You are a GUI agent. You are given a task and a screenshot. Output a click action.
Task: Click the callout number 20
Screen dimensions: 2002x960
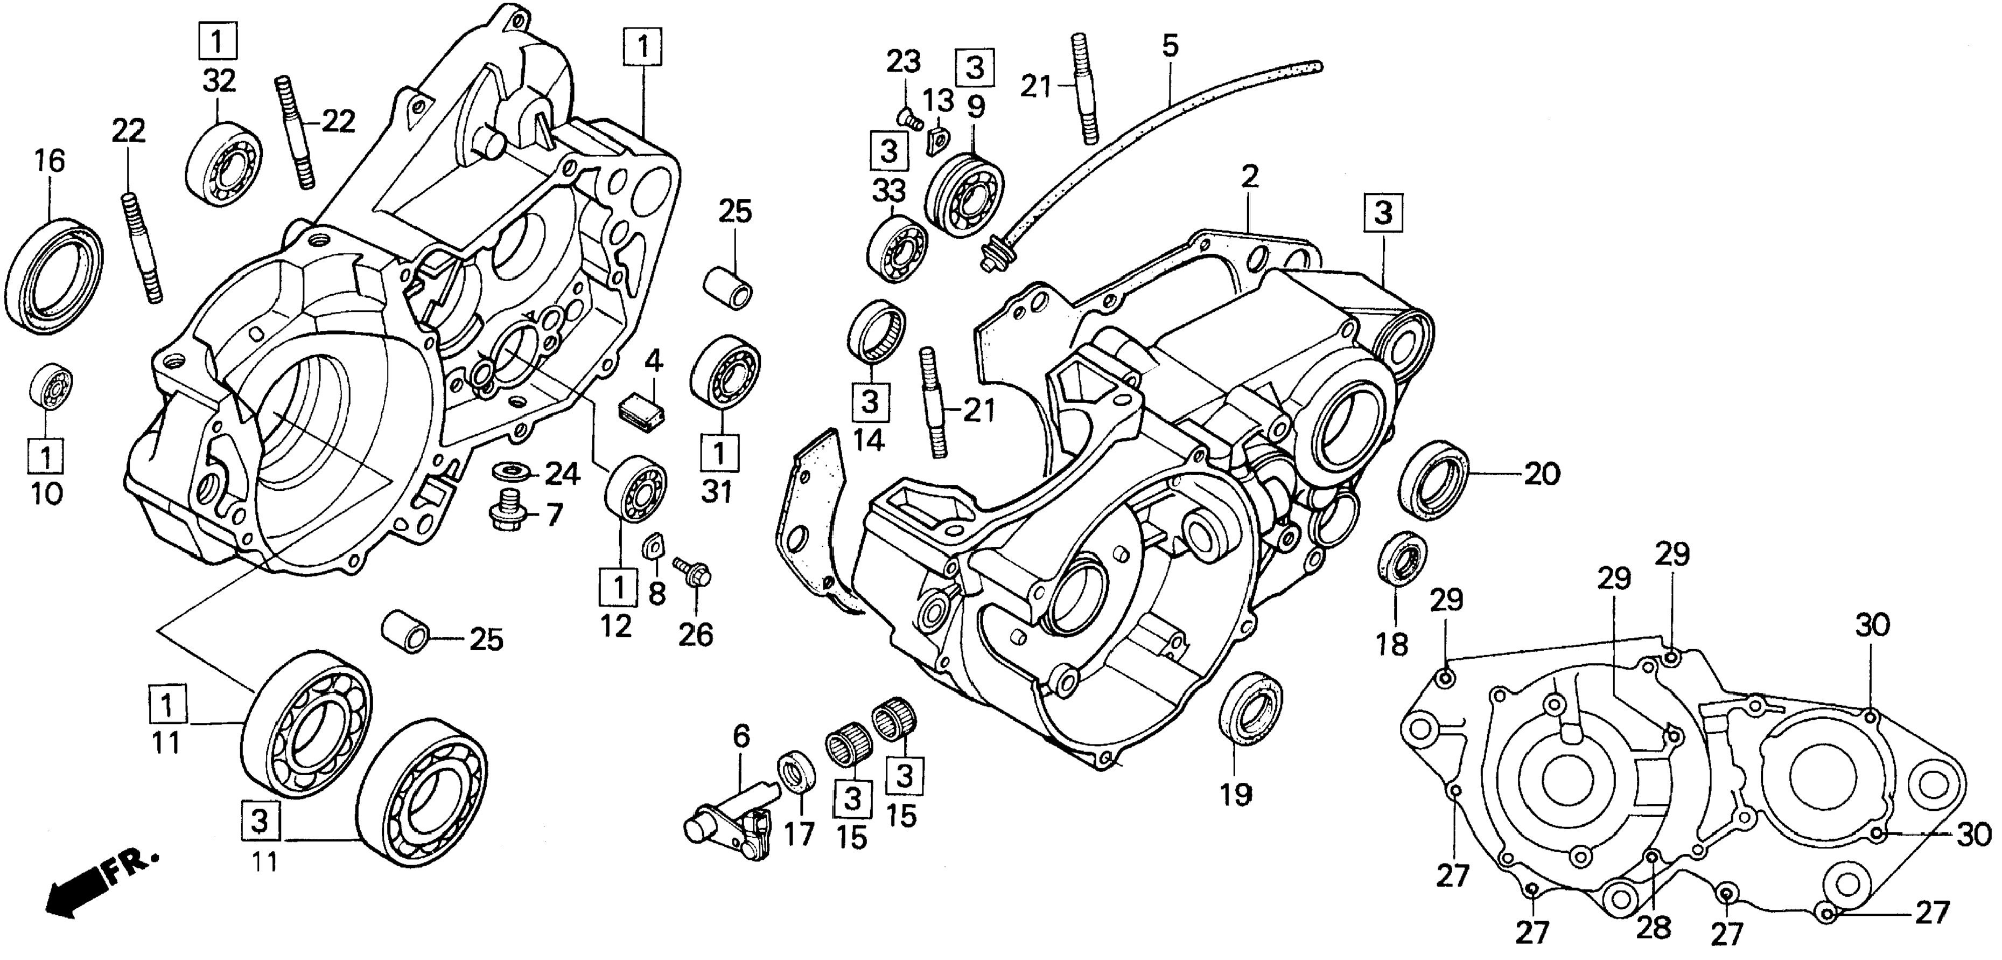point(1541,474)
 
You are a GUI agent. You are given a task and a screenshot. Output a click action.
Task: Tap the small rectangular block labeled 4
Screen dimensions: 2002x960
point(640,411)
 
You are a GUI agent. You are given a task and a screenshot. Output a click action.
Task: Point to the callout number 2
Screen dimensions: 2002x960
point(1249,177)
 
